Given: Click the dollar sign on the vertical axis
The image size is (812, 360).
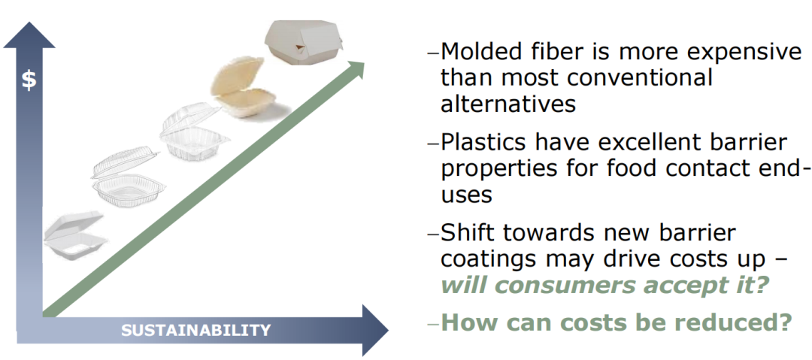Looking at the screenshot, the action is [29, 81].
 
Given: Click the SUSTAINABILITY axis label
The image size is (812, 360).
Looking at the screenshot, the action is [195, 330].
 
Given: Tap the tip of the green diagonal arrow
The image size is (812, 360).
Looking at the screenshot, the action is [364, 61].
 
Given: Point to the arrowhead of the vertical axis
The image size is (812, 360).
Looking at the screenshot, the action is [29, 35].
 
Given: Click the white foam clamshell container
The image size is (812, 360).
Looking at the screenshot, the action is [75, 236].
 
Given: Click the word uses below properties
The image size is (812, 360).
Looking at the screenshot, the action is [465, 196].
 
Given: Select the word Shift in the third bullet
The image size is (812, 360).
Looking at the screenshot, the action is [468, 232].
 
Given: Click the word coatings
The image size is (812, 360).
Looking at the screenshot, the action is [490, 260].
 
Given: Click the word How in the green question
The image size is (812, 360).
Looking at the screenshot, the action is [468, 322].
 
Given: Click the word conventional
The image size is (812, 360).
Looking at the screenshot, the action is [640, 77].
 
